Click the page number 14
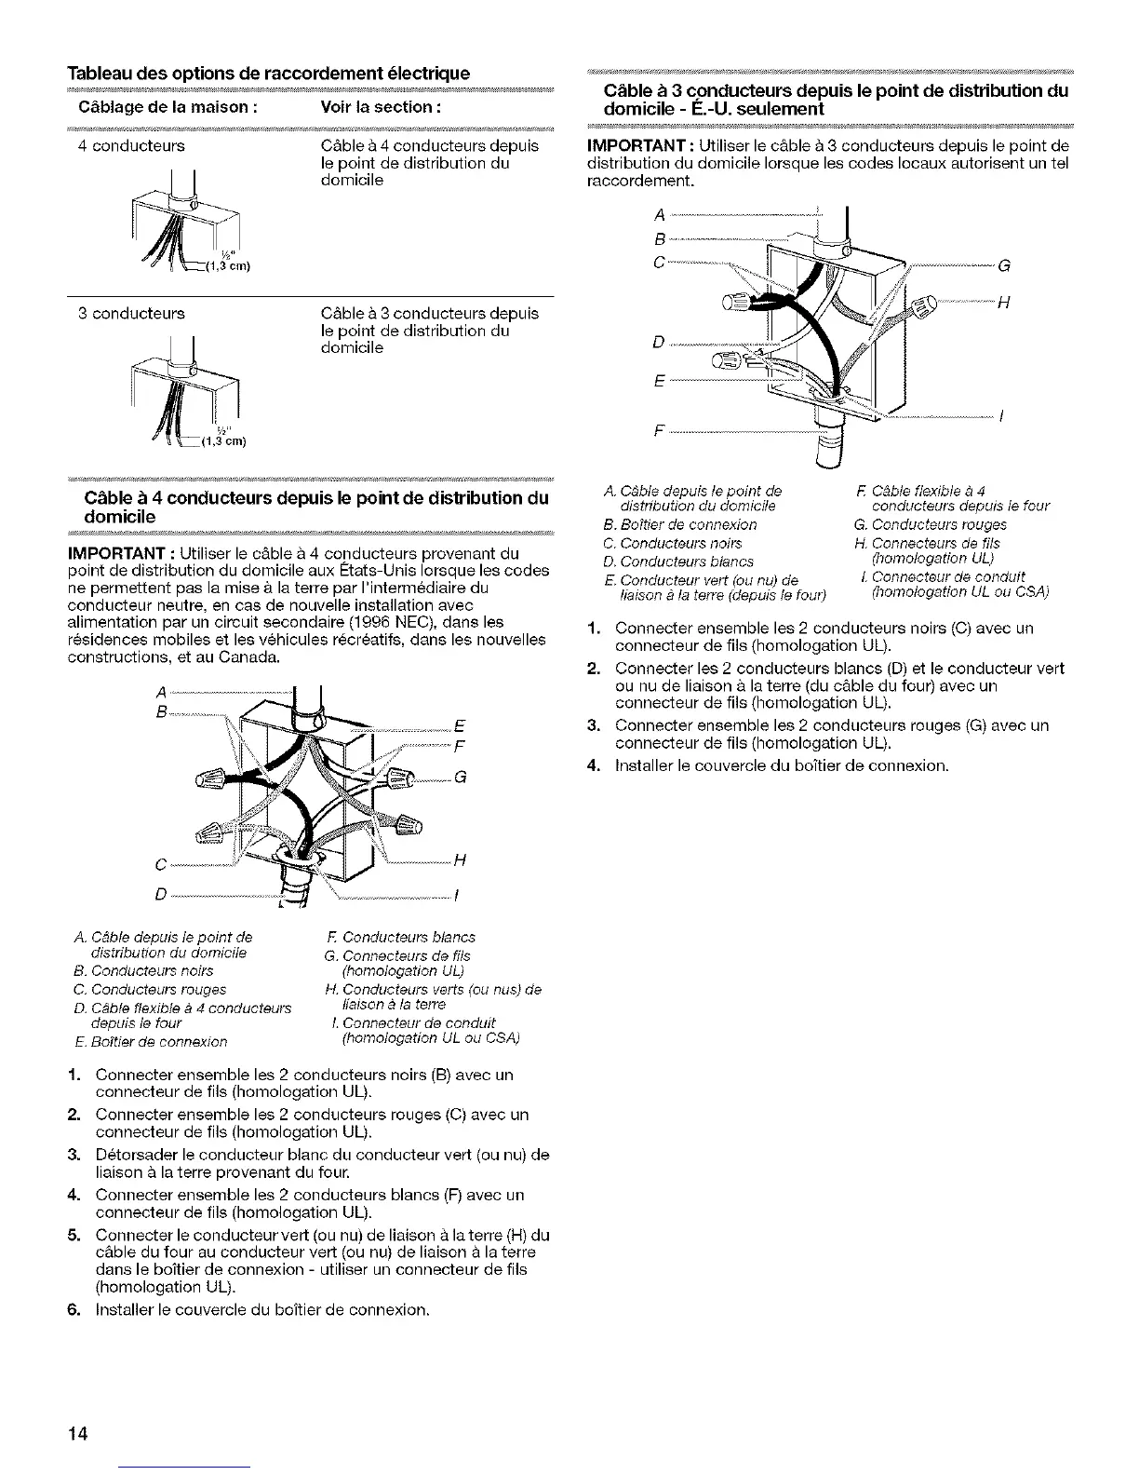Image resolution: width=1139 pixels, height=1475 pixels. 77,1434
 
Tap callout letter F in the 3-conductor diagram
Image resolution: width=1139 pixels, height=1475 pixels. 659,432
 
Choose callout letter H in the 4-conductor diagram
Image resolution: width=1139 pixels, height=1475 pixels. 459,860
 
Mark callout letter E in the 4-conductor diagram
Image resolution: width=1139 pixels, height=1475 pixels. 459,727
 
